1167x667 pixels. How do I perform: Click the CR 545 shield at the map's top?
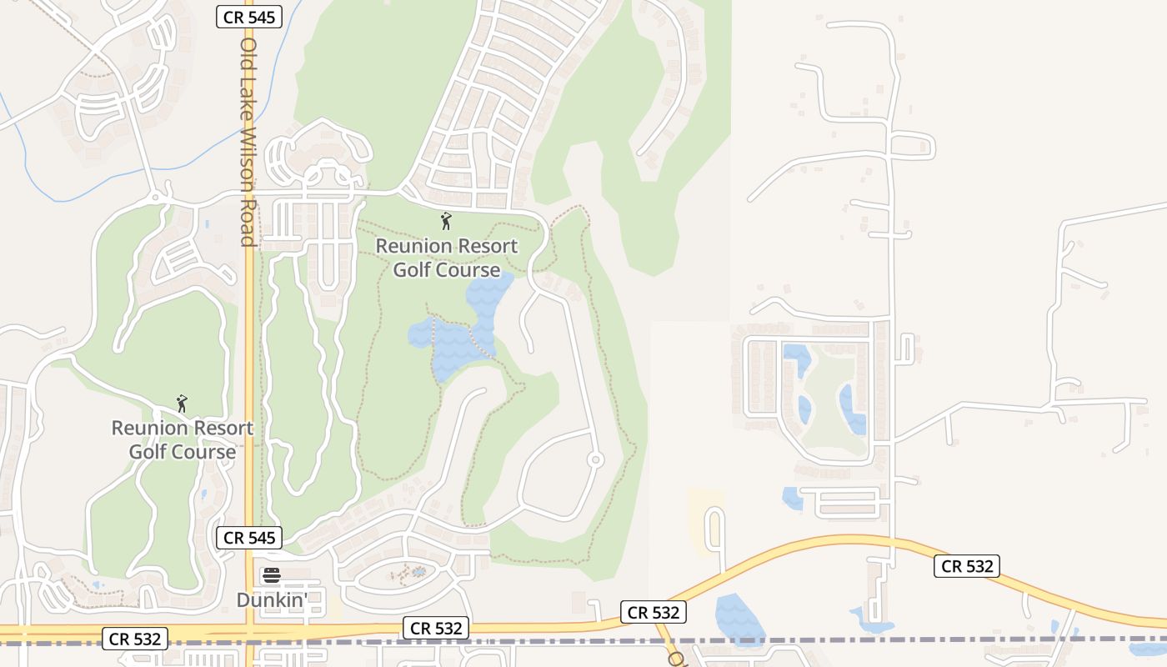(249, 16)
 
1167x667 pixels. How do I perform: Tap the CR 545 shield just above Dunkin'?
(249, 538)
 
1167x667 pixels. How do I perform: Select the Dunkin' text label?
(272, 599)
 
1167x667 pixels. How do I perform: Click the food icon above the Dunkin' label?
(272, 575)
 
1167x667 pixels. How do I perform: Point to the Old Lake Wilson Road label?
(248, 142)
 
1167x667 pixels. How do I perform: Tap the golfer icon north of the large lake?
(446, 221)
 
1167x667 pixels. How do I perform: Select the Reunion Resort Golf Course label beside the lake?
(447, 258)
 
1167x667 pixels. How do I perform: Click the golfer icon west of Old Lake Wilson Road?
(182, 404)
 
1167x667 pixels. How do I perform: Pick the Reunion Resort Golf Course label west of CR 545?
(183, 439)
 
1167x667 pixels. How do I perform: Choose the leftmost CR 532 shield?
(135, 639)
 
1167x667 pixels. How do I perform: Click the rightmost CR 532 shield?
(966, 567)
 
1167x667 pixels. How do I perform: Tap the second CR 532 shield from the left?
(436, 628)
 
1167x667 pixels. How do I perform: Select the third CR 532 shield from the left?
(653, 613)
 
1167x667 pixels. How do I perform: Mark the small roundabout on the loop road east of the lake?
(595, 459)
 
